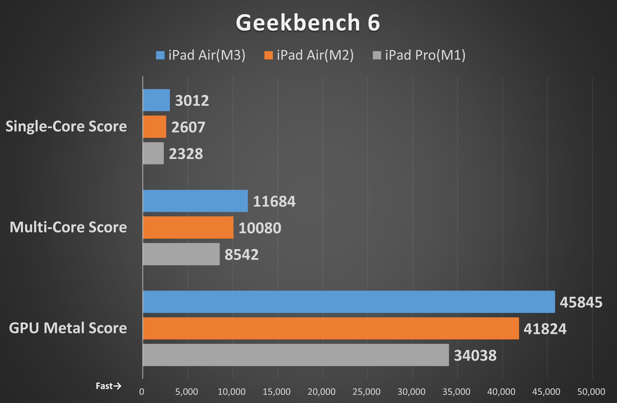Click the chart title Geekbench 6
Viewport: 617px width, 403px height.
pyautogui.click(x=308, y=23)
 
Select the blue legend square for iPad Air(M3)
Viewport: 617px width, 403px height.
pyautogui.click(x=160, y=55)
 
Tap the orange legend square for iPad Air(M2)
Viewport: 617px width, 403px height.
pyautogui.click(x=269, y=55)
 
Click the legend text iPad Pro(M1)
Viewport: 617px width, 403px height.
pyautogui.click(x=425, y=55)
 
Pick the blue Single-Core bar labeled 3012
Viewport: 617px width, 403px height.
pyautogui.click(x=156, y=100)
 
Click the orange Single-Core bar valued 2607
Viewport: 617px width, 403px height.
pyautogui.click(x=154, y=127)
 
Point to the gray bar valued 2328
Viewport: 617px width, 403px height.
pyautogui.click(x=153, y=153)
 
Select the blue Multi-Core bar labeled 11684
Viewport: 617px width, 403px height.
pyautogui.click(x=195, y=201)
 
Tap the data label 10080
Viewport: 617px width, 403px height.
pyautogui.click(x=260, y=228)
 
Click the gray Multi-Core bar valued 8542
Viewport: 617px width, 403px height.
pyautogui.click(x=181, y=254)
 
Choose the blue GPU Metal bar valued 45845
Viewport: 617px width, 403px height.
pyautogui.click(x=349, y=302)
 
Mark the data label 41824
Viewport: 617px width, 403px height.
pyautogui.click(x=545, y=329)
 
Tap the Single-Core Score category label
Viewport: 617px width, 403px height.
pyautogui.click(x=66, y=127)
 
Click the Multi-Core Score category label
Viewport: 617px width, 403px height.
pyautogui.click(x=68, y=227)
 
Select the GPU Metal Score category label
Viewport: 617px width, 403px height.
pyautogui.click(x=68, y=328)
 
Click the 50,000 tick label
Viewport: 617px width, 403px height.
pyautogui.click(x=591, y=392)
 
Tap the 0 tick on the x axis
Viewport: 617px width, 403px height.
pyautogui.click(x=142, y=392)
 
